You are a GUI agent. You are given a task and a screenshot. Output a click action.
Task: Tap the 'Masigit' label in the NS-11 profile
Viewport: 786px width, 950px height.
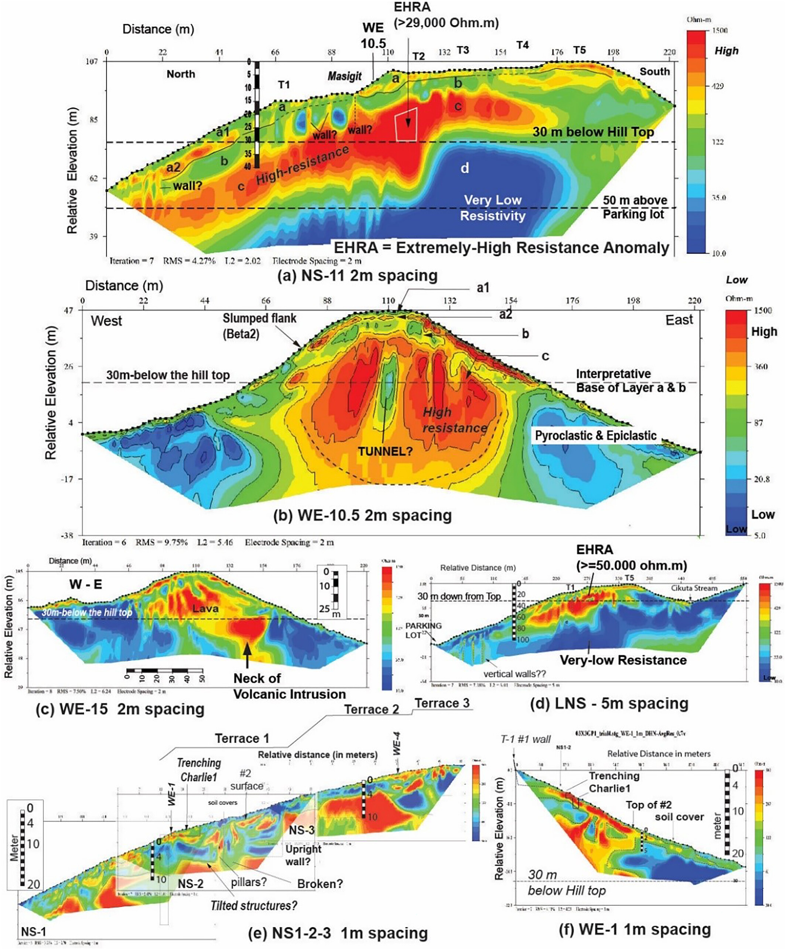pos(345,76)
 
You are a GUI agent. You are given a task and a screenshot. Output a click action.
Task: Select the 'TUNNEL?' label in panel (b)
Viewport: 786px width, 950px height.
pos(385,451)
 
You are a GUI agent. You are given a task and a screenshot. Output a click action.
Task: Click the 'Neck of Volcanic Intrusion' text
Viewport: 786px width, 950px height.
pos(290,686)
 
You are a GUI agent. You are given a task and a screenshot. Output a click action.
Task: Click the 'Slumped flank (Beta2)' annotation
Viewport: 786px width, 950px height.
pos(259,326)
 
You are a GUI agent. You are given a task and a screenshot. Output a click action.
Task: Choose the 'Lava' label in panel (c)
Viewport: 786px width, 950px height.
pos(205,609)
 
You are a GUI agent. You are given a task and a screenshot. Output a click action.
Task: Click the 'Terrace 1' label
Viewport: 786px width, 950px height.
pos(242,738)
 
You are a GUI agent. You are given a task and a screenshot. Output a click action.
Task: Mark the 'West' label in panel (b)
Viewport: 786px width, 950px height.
pos(106,321)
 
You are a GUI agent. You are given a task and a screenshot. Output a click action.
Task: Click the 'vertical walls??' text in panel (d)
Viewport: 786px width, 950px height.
pos(515,674)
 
